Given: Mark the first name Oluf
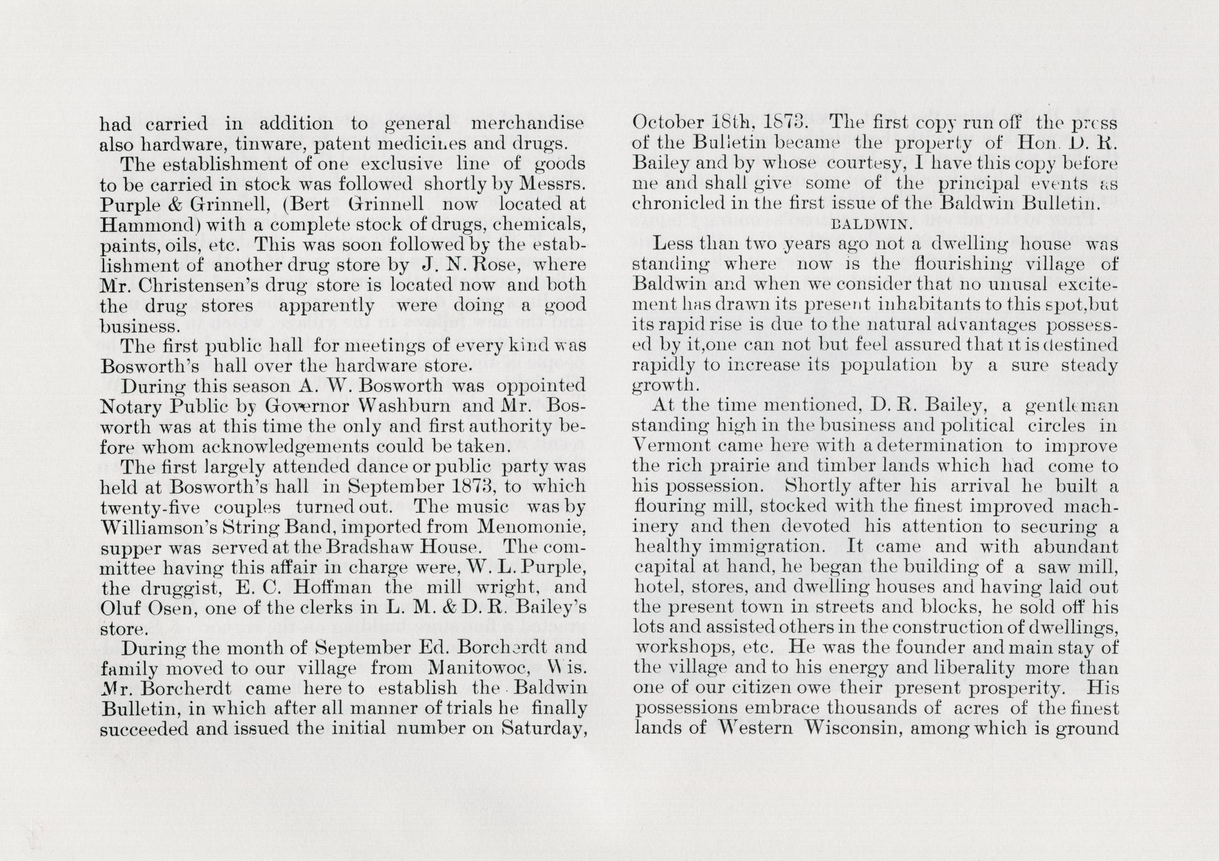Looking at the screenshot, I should (x=117, y=608).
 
